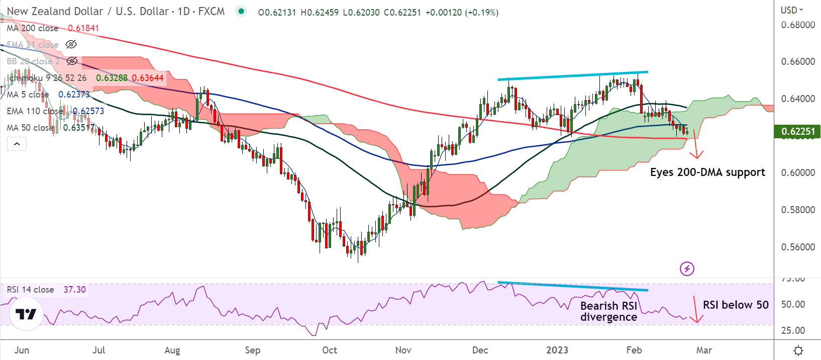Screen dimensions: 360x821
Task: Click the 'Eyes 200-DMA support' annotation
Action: [x=707, y=172]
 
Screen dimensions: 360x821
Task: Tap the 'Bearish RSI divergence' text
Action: [x=608, y=311]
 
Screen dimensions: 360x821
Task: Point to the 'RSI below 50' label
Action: [x=736, y=305]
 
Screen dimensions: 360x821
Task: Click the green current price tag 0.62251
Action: [x=798, y=132]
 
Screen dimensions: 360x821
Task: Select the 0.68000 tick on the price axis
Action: [x=798, y=25]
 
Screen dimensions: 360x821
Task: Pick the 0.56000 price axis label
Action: [x=798, y=247]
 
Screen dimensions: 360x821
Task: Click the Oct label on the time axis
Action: [x=330, y=350]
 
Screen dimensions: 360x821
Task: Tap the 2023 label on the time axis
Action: [x=557, y=350]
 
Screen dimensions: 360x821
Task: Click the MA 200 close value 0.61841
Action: [x=83, y=28]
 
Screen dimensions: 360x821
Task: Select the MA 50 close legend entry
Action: [x=30, y=128]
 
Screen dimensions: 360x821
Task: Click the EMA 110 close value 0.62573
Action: [x=88, y=111]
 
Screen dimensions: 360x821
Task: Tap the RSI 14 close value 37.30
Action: [x=74, y=290]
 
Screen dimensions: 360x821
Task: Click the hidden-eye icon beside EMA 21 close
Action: [x=71, y=45]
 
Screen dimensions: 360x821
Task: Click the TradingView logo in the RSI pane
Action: [x=26, y=314]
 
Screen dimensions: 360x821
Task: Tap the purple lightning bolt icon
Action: [x=687, y=268]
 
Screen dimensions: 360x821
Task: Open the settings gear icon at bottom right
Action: [x=798, y=350]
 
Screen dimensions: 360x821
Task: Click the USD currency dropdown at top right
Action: [x=792, y=10]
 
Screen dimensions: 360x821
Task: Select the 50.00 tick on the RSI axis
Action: [x=793, y=304]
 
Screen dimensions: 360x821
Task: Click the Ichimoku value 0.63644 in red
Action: [x=148, y=78]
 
